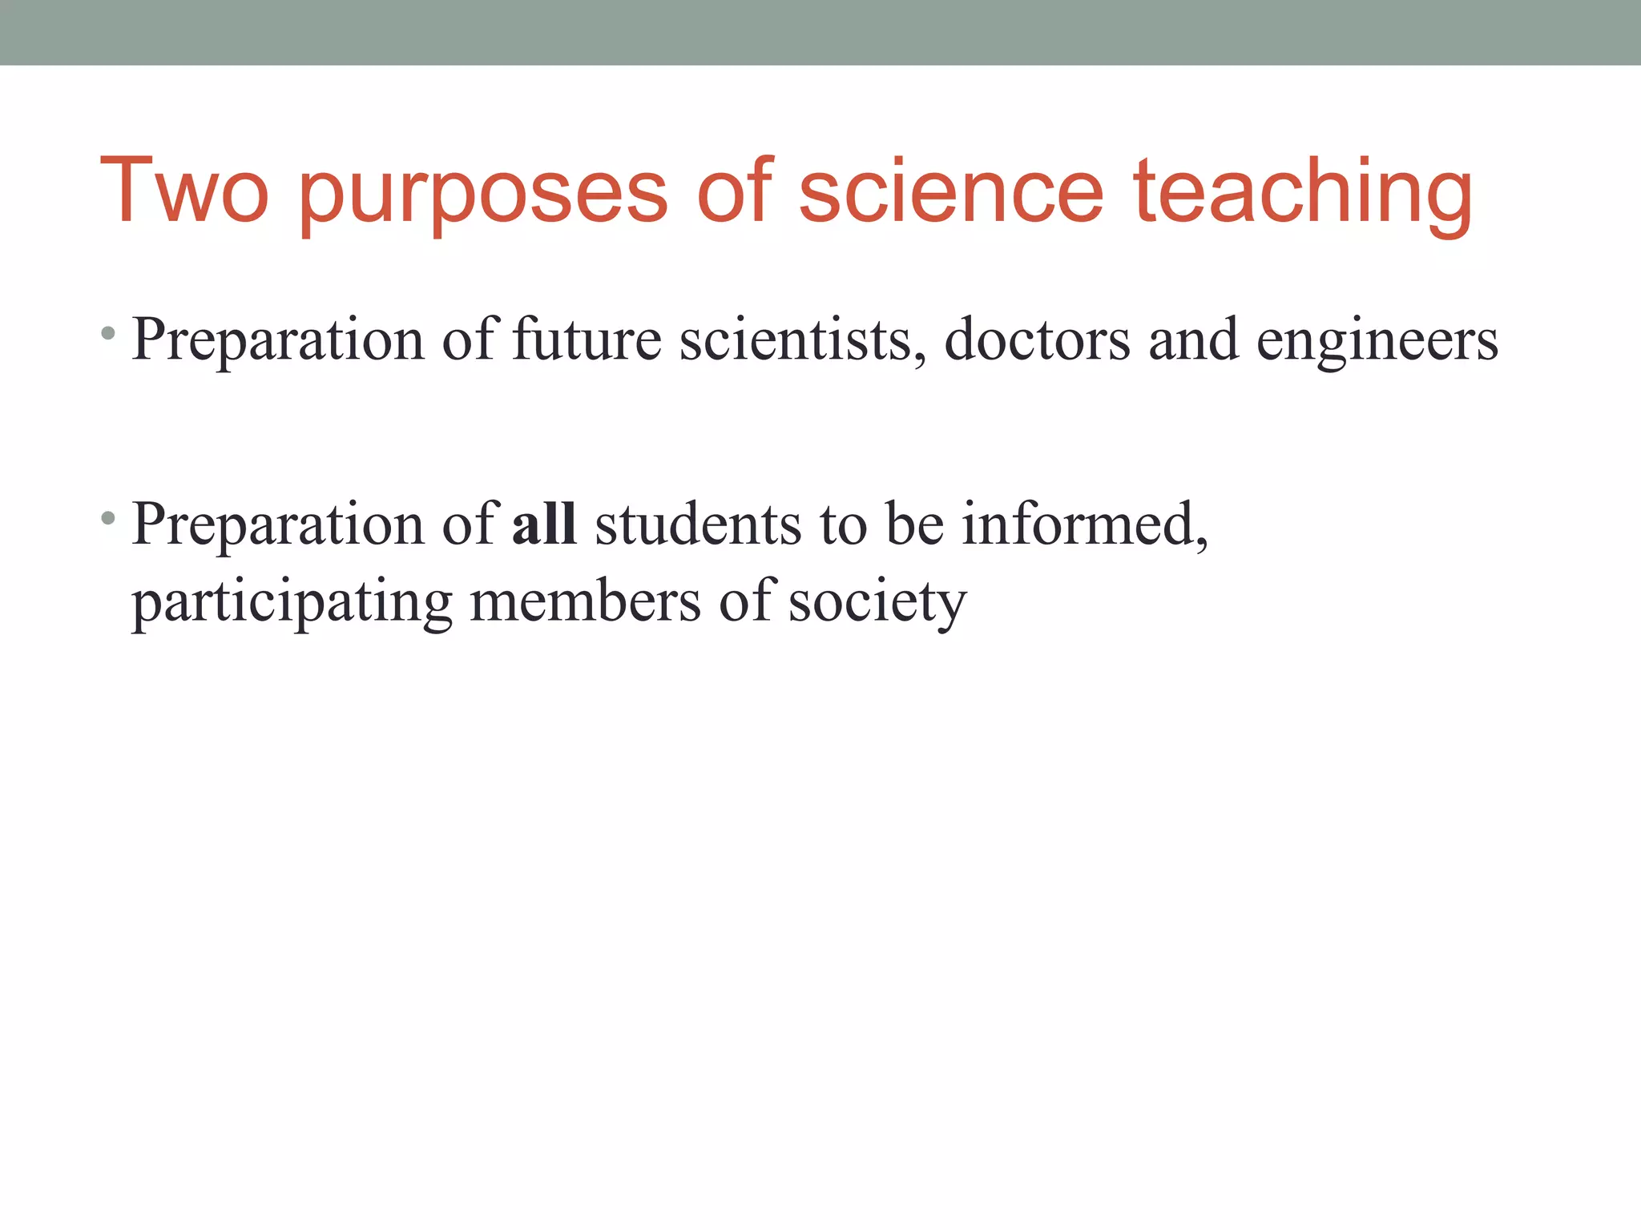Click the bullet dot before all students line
[109, 518]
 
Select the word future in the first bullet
[587, 340]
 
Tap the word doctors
[1037, 340]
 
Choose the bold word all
[544, 524]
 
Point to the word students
[698, 524]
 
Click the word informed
[1084, 525]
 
